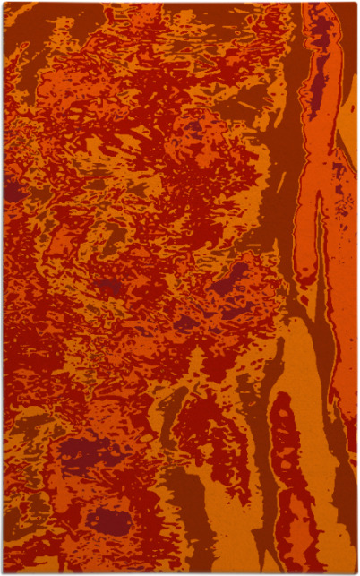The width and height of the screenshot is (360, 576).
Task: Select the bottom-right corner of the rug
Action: [x=356, y=572]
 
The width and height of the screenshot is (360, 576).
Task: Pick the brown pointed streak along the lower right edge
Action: [x=345, y=502]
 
